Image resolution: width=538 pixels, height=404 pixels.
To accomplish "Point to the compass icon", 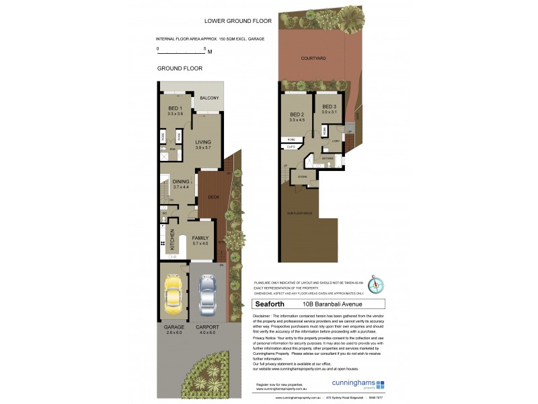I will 378,286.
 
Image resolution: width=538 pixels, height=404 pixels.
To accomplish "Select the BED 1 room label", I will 175,108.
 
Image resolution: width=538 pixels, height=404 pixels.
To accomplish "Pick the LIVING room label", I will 203,142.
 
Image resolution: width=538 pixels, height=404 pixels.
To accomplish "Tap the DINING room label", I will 180,181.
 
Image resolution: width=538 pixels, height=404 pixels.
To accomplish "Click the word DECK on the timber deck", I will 213,197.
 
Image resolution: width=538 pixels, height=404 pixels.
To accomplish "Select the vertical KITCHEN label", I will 172,238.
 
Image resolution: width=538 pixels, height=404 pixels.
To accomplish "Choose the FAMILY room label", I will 200,238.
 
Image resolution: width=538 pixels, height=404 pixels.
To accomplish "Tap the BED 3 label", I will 329,106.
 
